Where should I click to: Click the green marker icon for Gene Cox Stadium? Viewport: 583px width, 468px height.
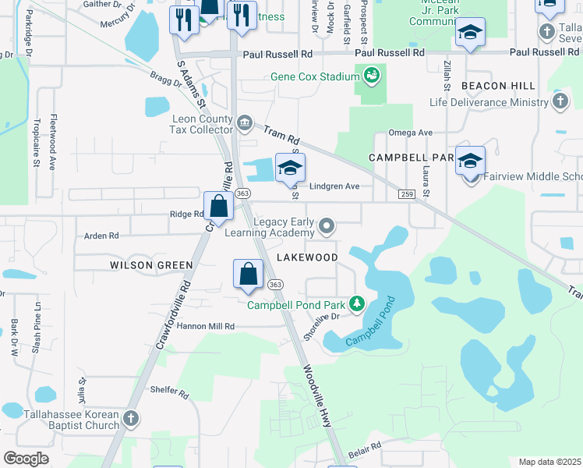[371, 76]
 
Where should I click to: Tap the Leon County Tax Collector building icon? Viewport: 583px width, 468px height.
[244, 122]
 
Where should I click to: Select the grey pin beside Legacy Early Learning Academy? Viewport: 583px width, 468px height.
[327, 227]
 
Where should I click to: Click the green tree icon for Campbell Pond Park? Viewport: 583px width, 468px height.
[357, 303]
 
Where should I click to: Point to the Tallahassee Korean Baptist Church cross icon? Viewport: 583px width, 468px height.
[131, 419]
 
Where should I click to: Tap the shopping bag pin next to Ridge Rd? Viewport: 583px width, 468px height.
[219, 207]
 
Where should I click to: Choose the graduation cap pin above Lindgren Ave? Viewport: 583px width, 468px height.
[290, 168]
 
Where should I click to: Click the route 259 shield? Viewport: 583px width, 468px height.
[405, 193]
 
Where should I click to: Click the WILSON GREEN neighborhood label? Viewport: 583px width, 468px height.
[151, 265]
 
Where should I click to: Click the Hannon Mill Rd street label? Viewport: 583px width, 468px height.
[206, 326]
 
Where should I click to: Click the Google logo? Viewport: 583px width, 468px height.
[26, 458]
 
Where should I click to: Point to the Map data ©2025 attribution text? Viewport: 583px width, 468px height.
[549, 462]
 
